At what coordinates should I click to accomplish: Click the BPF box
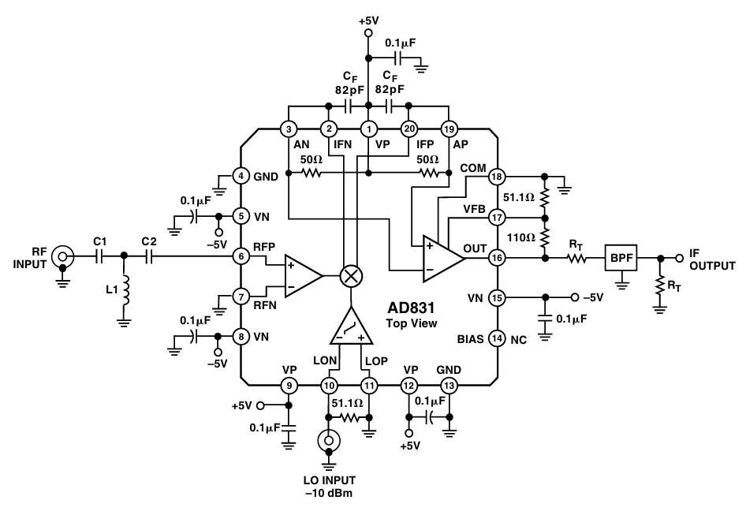pyautogui.click(x=621, y=258)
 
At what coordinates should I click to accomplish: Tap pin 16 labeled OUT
pyautogui.click(x=497, y=258)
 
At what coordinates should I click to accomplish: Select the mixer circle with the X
pyautogui.click(x=351, y=275)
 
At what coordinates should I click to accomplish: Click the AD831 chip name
pyautogui.click(x=411, y=308)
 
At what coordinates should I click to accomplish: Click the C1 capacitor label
pyautogui.click(x=100, y=241)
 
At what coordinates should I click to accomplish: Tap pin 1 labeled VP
pyautogui.click(x=368, y=129)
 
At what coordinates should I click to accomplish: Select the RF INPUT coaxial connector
pyautogui.click(x=62, y=257)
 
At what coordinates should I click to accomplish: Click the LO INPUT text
pyautogui.click(x=329, y=480)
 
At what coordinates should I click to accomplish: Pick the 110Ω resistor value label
pyautogui.click(x=521, y=237)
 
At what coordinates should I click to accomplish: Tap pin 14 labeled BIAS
pyautogui.click(x=497, y=338)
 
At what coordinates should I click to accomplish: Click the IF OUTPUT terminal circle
pyautogui.click(x=680, y=258)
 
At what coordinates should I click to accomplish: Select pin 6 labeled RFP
pyautogui.click(x=241, y=256)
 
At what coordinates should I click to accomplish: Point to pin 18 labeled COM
pyautogui.click(x=497, y=177)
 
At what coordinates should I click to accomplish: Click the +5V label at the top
pyautogui.click(x=369, y=21)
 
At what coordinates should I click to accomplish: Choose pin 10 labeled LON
pyautogui.click(x=329, y=386)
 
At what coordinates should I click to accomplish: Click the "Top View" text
pyautogui.click(x=412, y=323)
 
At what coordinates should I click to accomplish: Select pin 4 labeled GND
pyautogui.click(x=241, y=176)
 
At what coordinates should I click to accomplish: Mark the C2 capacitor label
pyautogui.click(x=149, y=241)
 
